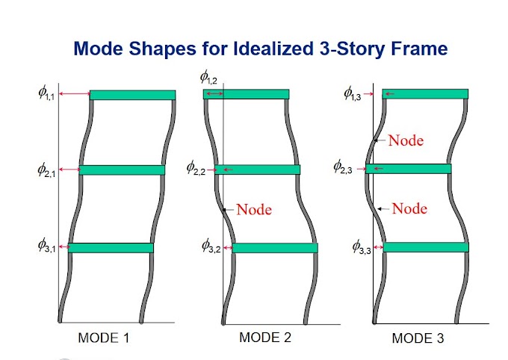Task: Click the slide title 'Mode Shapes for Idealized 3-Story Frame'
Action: click(260, 50)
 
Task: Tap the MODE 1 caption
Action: click(104, 338)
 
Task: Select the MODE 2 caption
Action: click(264, 337)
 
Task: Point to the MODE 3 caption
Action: click(418, 338)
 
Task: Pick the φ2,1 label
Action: click(47, 170)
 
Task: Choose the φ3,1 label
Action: click(47, 246)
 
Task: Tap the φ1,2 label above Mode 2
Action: click(208, 75)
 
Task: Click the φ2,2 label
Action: click(196, 167)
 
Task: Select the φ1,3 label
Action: click(353, 93)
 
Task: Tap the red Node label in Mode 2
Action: click(254, 209)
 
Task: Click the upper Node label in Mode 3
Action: click(406, 140)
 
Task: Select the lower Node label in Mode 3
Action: click(409, 208)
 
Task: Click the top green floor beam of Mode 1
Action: click(132, 95)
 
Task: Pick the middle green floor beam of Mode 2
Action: click(257, 170)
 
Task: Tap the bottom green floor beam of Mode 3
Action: click(426, 246)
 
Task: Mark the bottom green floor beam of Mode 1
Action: click(111, 247)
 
